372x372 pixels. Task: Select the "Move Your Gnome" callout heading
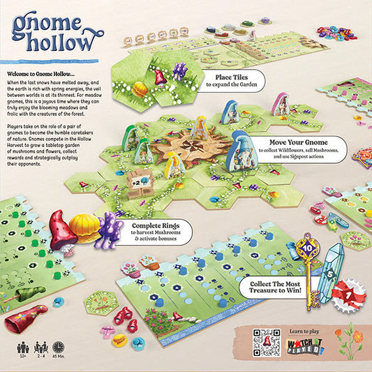point(288,142)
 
